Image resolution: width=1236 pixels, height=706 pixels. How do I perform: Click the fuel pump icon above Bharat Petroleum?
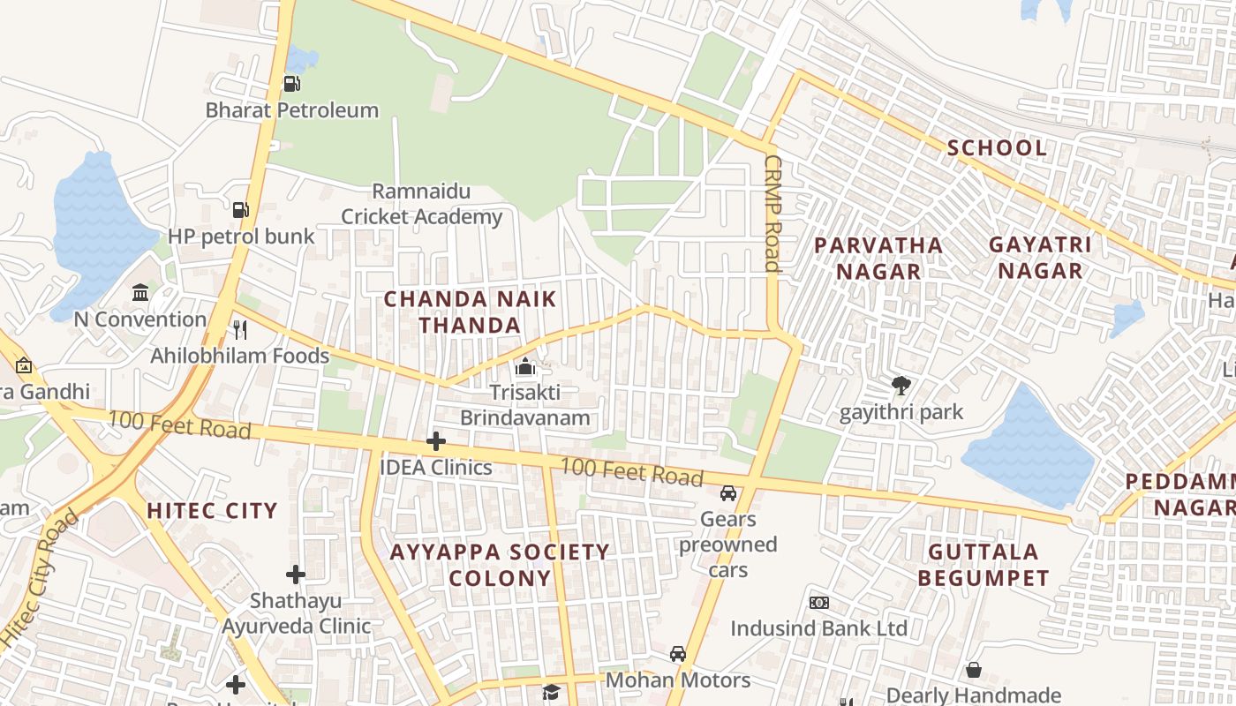coord(291,84)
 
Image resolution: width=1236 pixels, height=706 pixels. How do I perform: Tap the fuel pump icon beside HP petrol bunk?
coord(240,210)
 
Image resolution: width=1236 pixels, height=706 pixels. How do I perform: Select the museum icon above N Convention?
coord(140,292)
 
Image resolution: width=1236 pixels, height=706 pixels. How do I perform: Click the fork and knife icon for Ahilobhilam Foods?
coord(239,330)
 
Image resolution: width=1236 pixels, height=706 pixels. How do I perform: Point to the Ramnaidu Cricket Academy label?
coord(421,204)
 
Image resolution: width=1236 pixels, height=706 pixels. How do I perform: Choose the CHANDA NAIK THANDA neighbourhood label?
coord(470,312)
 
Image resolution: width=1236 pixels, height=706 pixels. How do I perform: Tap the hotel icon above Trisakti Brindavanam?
coord(525,366)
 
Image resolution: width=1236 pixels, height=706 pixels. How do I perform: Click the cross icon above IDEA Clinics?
coord(435,441)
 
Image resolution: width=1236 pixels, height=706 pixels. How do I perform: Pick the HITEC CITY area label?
coord(212,510)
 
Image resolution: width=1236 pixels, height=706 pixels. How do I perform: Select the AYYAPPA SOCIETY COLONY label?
coord(500,565)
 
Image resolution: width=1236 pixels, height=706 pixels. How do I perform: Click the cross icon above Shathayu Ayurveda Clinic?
coord(296,575)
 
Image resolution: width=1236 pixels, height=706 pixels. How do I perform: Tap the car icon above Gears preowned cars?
coord(728,493)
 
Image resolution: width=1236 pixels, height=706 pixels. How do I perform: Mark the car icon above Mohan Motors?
coord(677,654)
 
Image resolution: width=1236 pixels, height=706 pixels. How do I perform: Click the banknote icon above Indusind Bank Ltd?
coord(818,603)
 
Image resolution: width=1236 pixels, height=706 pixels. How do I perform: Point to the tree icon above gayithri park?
coord(901,385)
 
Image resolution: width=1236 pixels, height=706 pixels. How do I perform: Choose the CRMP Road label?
coord(772,214)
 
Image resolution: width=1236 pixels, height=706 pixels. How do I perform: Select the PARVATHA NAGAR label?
coord(878,258)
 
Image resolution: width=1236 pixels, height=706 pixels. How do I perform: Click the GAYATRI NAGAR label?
coord(1040,257)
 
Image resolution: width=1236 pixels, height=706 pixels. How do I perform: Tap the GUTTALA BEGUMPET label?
coord(984,565)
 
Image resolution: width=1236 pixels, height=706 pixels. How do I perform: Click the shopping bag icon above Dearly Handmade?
coord(973,670)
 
